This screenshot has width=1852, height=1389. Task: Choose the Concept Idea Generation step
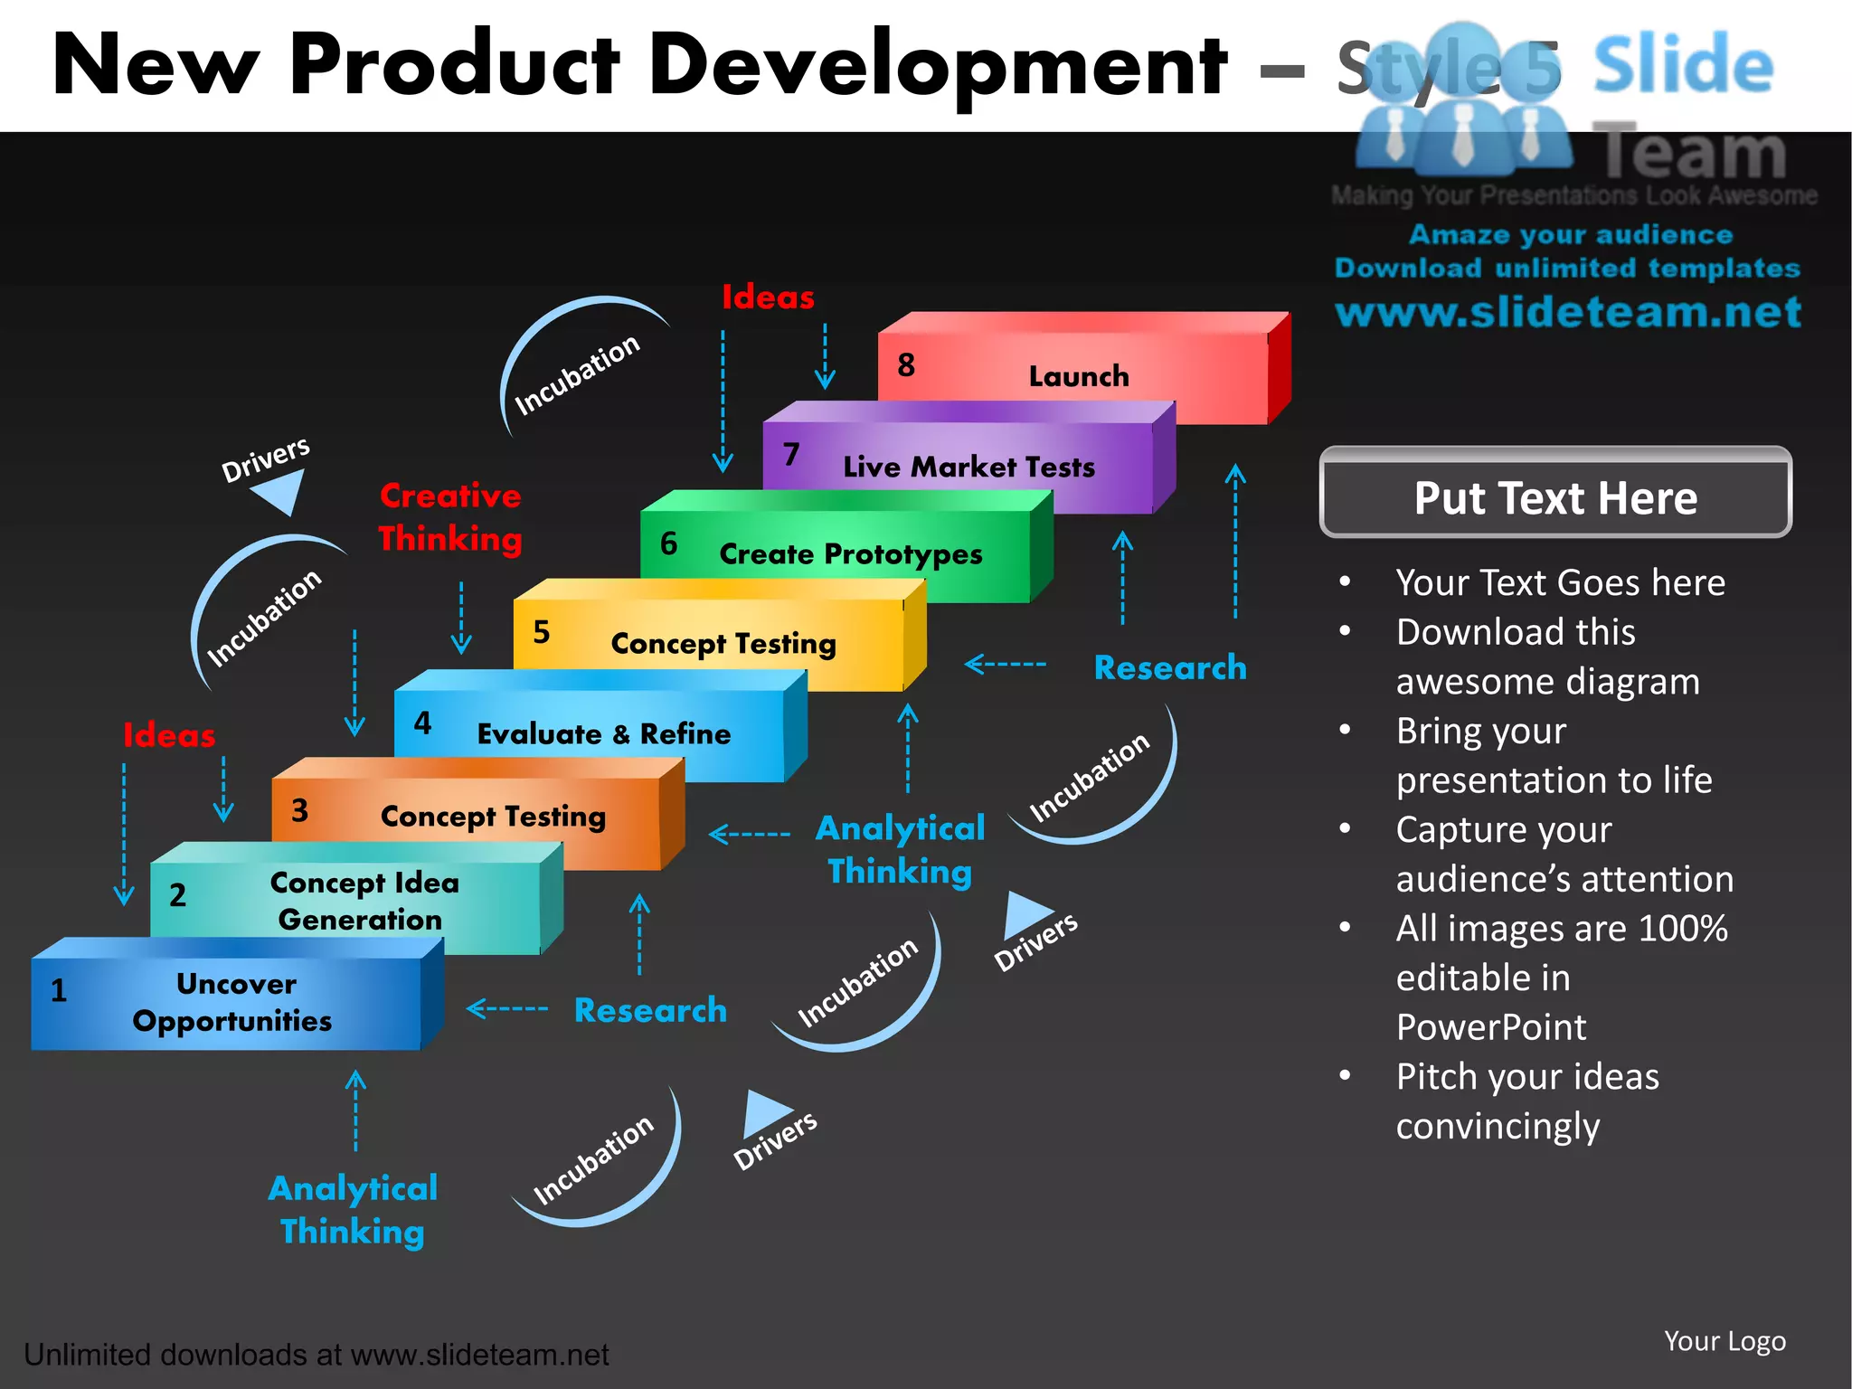tap(362, 900)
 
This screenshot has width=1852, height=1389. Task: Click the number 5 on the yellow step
tap(541, 631)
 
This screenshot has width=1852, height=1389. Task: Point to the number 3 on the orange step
tap(299, 810)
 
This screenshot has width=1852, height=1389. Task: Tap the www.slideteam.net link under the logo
tap(1568, 312)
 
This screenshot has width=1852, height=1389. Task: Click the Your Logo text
tap(1724, 1341)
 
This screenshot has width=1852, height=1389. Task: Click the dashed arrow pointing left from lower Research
tap(507, 1008)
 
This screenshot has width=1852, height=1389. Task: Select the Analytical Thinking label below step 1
tap(353, 1210)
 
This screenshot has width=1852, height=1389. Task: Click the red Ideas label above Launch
tap(768, 298)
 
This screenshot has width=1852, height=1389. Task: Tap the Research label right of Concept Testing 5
tap(1169, 667)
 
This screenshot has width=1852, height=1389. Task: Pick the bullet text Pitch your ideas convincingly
tap(1528, 1101)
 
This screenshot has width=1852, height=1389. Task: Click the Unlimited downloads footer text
tap(316, 1355)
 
